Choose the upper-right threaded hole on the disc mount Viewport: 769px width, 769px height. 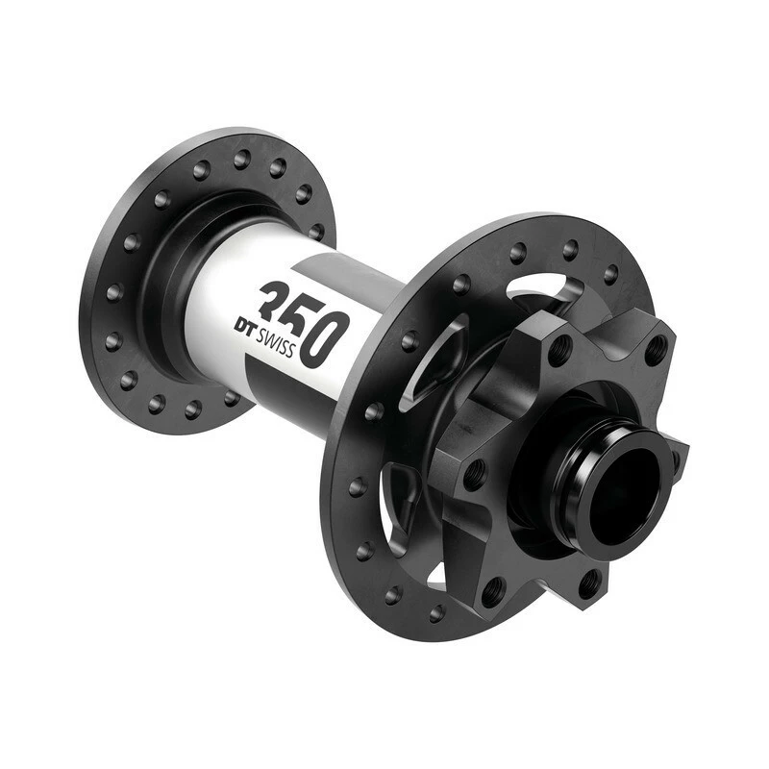tap(656, 348)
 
